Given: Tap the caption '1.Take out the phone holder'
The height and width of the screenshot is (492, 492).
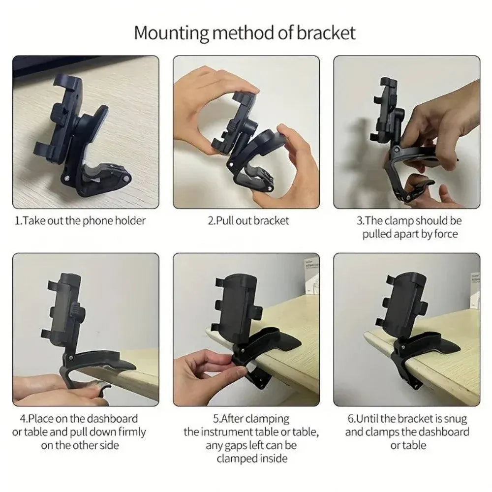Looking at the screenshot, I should pyautogui.click(x=80, y=220).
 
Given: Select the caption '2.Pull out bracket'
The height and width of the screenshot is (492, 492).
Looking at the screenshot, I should pyautogui.click(x=248, y=220).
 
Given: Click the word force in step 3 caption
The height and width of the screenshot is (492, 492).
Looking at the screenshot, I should pyautogui.click(x=446, y=234).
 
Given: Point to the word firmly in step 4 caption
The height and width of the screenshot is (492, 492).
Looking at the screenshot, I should pyautogui.click(x=129, y=432).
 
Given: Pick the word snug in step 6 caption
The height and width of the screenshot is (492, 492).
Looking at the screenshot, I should pyautogui.click(x=456, y=419).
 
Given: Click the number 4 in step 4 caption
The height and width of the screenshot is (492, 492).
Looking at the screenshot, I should pyautogui.click(x=23, y=419).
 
